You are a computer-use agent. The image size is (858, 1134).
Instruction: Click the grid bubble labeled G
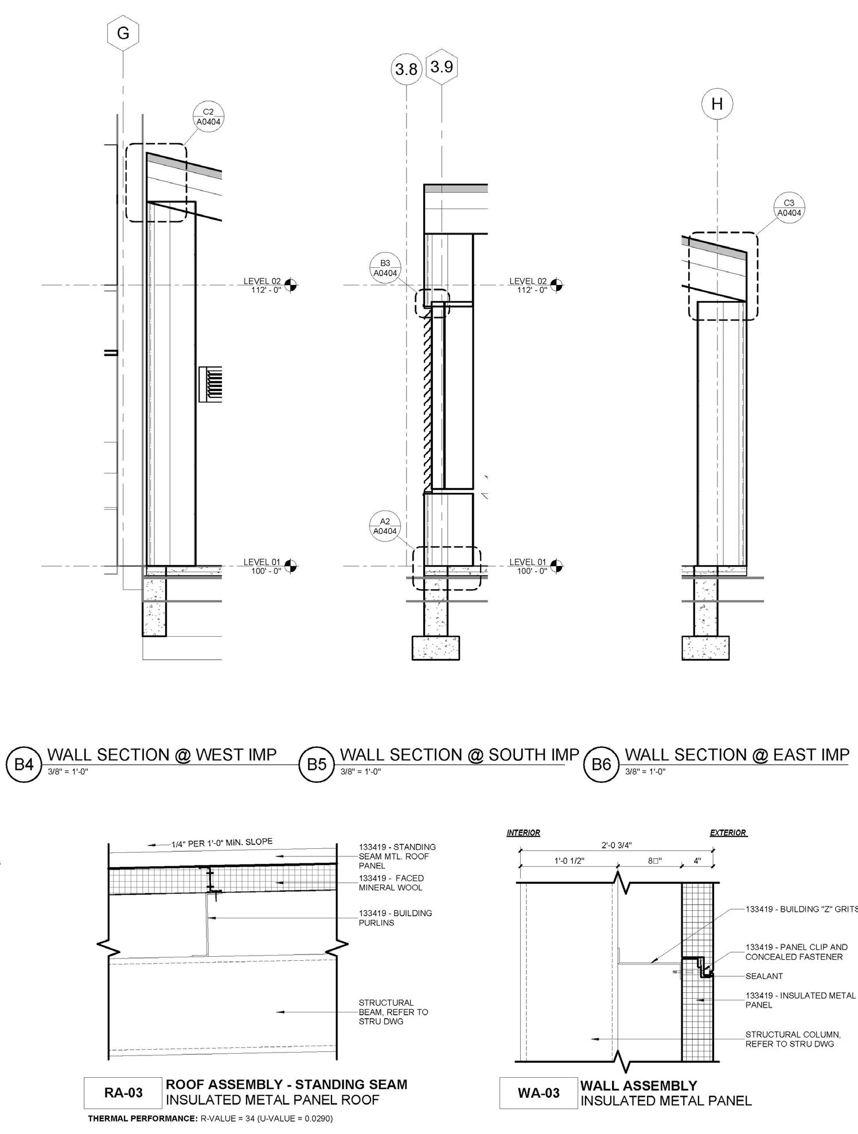[x=123, y=33]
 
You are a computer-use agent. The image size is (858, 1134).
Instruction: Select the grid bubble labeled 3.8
[x=407, y=69]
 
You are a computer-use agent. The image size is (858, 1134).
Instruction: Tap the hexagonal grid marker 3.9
[x=442, y=67]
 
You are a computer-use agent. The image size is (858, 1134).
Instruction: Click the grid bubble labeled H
[x=717, y=104]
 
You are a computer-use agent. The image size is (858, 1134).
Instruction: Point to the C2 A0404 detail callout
[x=208, y=116]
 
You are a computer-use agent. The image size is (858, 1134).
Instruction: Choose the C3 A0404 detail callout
[x=789, y=207]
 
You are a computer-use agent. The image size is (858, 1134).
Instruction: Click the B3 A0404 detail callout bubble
[x=385, y=268]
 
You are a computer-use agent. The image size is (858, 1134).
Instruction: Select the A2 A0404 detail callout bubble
[x=385, y=526]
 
